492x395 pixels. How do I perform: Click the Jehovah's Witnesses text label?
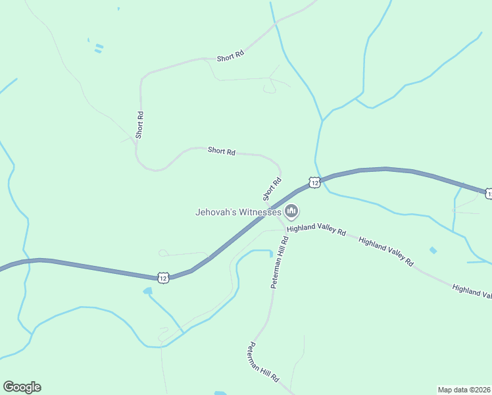click(239, 212)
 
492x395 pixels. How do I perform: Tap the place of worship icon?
click(292, 211)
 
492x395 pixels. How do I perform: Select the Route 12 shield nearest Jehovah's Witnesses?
click(315, 182)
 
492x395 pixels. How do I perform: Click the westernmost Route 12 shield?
click(163, 278)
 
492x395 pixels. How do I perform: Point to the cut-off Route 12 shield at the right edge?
click(488, 194)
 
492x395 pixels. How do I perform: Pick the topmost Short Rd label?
click(230, 57)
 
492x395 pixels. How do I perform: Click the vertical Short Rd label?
click(139, 124)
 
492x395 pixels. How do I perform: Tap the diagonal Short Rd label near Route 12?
click(272, 189)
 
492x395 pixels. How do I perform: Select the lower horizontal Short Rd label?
click(222, 151)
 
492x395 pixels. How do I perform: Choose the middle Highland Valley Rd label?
click(386, 251)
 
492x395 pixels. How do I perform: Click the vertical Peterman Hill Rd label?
click(280, 263)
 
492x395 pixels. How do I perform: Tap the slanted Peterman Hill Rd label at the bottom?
click(264, 363)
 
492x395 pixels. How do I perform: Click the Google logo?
click(22, 387)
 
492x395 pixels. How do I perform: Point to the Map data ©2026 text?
click(464, 390)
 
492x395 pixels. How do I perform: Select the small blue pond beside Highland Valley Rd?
click(432, 250)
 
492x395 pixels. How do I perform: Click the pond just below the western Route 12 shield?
click(147, 290)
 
